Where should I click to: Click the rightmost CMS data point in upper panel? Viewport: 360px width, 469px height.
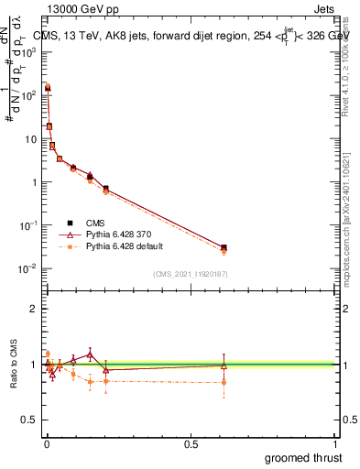point(224,247)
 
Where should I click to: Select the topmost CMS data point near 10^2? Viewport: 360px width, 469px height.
point(48,88)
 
